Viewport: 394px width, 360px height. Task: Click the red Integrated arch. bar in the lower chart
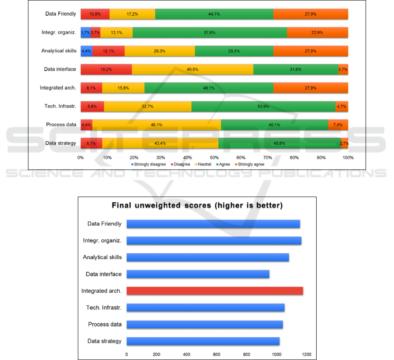coord(215,291)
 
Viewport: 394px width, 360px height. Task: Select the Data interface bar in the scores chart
coord(198,274)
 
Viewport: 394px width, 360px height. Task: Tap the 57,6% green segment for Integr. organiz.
coord(210,32)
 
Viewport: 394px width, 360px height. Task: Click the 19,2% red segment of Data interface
coord(106,69)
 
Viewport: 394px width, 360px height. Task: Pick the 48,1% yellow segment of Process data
coord(157,125)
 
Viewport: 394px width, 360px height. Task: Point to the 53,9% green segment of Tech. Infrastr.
coord(263,106)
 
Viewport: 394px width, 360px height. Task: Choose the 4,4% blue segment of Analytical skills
coord(86,51)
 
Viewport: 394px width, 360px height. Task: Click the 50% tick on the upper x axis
coord(214,157)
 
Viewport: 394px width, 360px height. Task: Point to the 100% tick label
coord(348,157)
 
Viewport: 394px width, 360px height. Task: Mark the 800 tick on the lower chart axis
coord(247,354)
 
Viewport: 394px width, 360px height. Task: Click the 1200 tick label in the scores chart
coord(306,354)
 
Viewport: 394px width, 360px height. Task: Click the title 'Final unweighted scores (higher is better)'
coord(197,205)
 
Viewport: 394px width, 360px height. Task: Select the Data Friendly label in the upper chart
coord(61,14)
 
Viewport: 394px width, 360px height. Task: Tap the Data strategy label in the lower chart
coord(105,341)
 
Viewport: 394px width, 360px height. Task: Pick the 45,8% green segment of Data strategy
coord(279,143)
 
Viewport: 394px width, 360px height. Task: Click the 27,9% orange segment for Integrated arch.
coord(311,88)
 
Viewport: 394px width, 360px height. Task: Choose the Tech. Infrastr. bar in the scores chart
coord(206,308)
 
